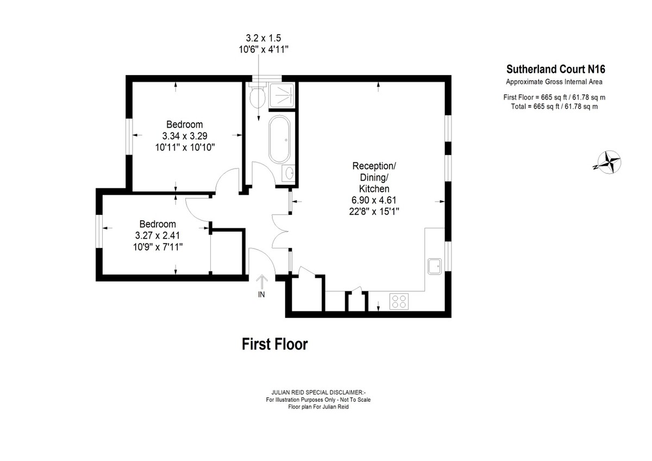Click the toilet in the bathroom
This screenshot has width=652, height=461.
click(x=258, y=95)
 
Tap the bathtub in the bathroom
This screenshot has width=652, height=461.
click(x=279, y=139)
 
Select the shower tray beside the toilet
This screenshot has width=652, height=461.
click(x=281, y=95)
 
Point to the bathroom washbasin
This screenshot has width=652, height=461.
click(x=289, y=173)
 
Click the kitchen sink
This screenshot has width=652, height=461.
click(x=435, y=266)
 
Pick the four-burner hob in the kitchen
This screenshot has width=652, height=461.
click(x=399, y=301)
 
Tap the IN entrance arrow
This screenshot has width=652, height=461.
click(x=262, y=282)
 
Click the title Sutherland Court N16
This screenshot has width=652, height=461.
click(x=556, y=69)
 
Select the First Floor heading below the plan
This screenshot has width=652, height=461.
click(x=274, y=344)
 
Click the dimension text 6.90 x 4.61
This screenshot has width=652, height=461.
click(x=374, y=200)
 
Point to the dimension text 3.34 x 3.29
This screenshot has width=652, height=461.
click(x=185, y=136)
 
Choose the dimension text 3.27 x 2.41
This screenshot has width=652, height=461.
click(x=158, y=235)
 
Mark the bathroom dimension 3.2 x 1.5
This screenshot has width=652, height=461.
click(x=264, y=38)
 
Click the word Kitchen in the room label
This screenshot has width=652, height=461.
click(x=374, y=189)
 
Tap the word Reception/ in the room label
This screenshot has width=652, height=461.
click(x=374, y=166)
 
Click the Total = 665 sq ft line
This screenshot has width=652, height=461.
click(x=554, y=107)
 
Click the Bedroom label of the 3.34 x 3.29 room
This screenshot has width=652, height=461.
click(x=185, y=124)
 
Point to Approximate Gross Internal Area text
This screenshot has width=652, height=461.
click(x=554, y=82)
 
